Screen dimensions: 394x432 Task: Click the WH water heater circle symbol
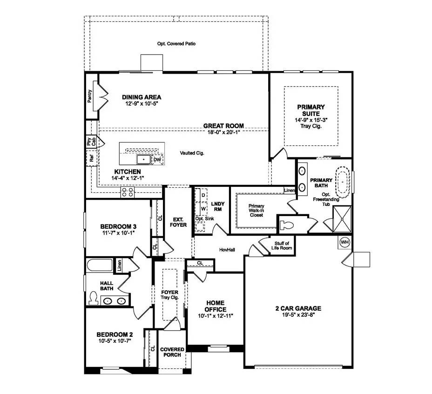point(344,242)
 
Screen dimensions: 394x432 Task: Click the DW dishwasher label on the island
point(158,159)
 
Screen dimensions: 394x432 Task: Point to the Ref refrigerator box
point(92,159)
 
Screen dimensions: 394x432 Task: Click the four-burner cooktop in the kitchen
point(128,191)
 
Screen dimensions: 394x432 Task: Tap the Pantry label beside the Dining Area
point(90,96)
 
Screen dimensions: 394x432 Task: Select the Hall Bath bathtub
point(99,266)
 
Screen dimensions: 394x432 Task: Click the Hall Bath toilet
point(93,298)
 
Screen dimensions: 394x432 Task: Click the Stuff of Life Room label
point(282,245)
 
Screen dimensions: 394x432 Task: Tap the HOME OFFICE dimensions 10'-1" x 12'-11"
point(215,315)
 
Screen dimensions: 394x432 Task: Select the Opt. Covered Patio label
point(176,44)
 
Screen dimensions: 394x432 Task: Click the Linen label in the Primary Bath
point(289,190)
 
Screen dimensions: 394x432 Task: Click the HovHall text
point(227,250)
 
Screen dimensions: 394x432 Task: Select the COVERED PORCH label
point(172,352)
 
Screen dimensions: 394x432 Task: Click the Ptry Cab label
point(91,142)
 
